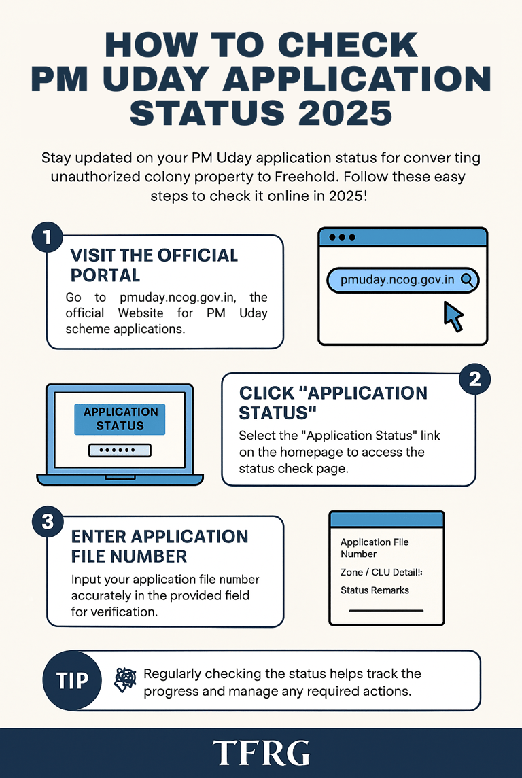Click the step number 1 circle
47,237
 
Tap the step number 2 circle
474,379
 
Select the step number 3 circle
47,521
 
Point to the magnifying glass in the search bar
467,279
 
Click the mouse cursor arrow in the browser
453,317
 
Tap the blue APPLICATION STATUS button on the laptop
120,419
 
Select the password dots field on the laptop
120,450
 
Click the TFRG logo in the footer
261,753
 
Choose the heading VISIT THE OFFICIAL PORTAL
154,265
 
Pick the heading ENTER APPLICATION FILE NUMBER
160,546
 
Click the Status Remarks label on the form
375,590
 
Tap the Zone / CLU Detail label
381,573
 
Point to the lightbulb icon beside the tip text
124,679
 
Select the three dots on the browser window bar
342,238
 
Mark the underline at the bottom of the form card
385,610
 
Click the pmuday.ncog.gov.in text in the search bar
397,279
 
